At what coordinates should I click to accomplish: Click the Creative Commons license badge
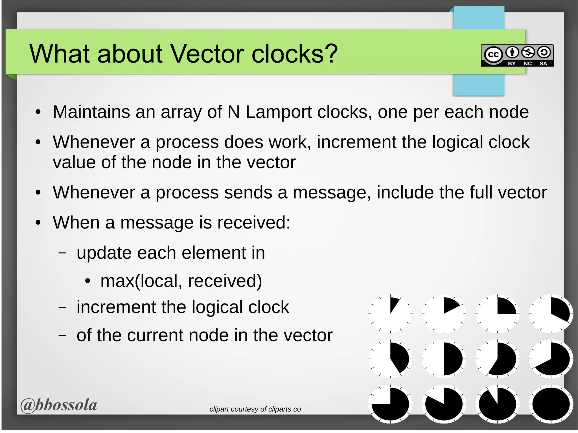click(x=517, y=56)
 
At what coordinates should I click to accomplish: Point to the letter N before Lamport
click(x=234, y=112)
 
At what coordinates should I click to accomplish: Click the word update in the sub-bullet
click(x=104, y=253)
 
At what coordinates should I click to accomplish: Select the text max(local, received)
click(x=181, y=281)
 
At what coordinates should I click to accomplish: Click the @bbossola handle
click(x=59, y=405)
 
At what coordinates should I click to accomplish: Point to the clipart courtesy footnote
click(x=255, y=409)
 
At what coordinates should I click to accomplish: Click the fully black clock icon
click(x=551, y=404)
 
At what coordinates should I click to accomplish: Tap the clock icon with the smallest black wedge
click(x=390, y=313)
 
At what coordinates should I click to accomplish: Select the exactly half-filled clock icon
click(x=444, y=359)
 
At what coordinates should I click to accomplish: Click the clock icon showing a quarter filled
click(x=498, y=313)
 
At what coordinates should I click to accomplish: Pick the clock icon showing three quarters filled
click(x=390, y=404)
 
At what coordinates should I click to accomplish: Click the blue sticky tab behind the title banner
click(x=479, y=85)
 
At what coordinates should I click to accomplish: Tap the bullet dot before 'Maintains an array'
click(x=38, y=112)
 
